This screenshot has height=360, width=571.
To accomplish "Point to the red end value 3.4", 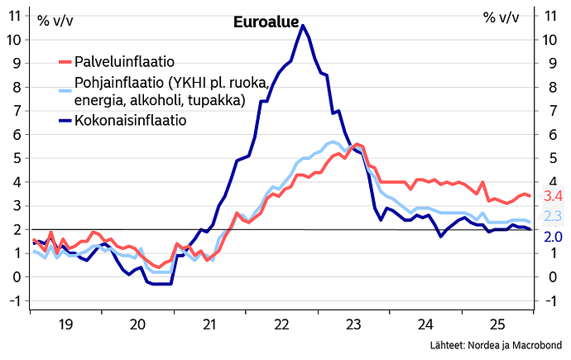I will (553, 197).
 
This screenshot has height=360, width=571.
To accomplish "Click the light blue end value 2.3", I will (553, 217).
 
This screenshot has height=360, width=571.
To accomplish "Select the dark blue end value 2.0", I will (553, 238).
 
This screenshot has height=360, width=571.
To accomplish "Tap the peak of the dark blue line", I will (303, 26).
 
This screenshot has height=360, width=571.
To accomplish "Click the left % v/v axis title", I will (57, 18).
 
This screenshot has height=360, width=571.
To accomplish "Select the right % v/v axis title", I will (501, 18).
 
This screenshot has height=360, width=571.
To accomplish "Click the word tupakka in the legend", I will (220, 100).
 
